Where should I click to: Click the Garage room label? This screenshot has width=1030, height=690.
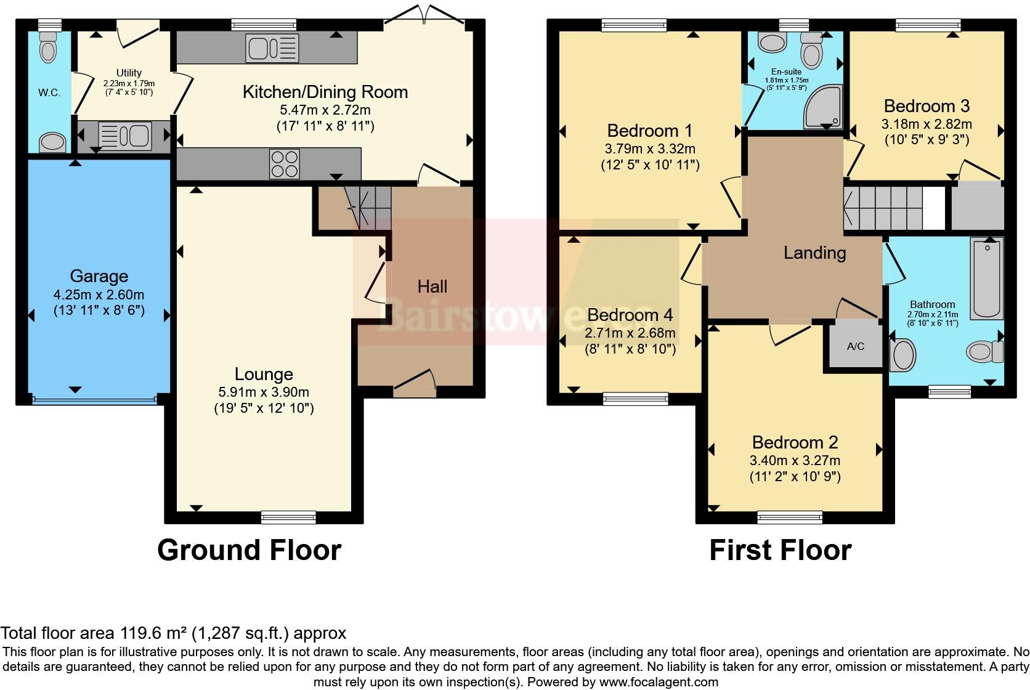tap(99, 276)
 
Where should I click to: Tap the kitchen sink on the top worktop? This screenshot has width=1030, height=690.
tap(272, 48)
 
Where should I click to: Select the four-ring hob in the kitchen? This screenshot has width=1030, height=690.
tap(285, 164)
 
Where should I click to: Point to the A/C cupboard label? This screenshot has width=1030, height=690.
tap(856, 346)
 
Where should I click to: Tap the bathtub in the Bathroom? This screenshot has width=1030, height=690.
tap(987, 278)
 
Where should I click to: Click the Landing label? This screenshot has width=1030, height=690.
tap(814, 253)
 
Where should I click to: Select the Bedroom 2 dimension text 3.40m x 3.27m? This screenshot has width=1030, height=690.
tap(795, 460)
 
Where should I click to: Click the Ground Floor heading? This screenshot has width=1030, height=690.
tap(249, 550)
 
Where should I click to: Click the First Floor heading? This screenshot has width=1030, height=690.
tap(780, 550)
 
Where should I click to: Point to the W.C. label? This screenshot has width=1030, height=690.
tap(49, 93)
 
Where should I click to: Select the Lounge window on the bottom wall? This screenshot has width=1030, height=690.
tap(288, 516)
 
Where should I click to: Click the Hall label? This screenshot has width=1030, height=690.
tap(432, 286)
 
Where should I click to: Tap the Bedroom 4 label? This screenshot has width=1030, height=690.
tap(630, 315)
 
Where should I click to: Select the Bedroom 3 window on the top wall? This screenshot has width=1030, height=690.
tap(927, 25)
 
